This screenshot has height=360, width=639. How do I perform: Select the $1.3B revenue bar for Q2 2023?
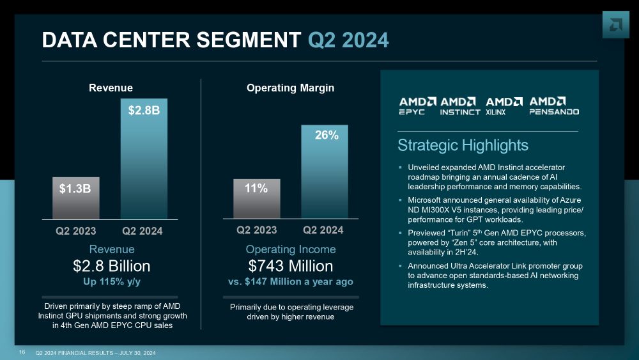(x=75, y=198)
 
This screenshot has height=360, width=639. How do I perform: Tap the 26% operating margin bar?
(x=325, y=171)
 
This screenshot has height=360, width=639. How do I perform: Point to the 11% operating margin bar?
(x=256, y=198)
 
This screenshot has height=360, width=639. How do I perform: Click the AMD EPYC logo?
(x=417, y=106)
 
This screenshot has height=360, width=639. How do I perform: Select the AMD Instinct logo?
(x=460, y=106)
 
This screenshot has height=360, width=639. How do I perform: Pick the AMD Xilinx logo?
(x=504, y=106)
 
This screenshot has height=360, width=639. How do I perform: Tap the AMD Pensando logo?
(x=554, y=106)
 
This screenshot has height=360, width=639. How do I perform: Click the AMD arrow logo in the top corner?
(x=616, y=25)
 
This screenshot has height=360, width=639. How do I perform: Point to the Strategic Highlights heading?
(x=463, y=145)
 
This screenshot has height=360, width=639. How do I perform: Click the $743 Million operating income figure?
(x=290, y=266)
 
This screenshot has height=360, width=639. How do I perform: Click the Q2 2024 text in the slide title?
(x=348, y=40)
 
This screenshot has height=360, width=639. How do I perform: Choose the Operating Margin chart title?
(x=290, y=88)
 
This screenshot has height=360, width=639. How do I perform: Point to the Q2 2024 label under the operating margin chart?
(x=323, y=230)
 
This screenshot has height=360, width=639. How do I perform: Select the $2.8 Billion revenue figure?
(x=111, y=266)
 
